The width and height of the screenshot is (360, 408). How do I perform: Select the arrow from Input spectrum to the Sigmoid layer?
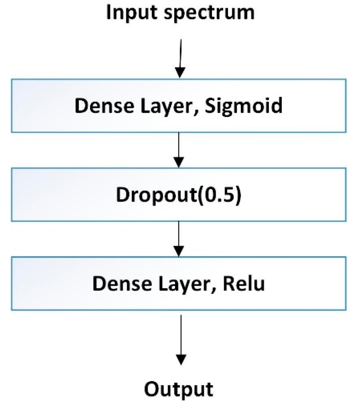coord(180,53)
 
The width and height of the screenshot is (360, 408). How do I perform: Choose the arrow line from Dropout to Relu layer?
coord(179,234)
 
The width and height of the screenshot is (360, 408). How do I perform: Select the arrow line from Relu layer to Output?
coord(180,335)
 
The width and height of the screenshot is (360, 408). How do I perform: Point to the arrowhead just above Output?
coord(180,360)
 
